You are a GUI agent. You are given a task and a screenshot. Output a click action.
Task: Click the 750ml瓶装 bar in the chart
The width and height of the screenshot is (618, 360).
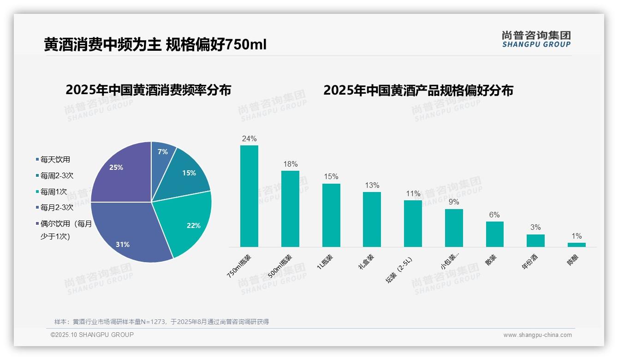[249, 196]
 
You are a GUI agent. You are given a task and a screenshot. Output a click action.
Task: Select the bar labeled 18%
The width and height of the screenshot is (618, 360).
[290, 209]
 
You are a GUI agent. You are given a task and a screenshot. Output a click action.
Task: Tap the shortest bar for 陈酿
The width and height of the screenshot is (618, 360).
[576, 245]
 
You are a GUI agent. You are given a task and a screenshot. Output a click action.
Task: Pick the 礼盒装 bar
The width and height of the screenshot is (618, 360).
[372, 219]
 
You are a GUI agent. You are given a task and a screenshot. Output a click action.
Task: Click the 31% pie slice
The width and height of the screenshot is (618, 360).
[129, 231]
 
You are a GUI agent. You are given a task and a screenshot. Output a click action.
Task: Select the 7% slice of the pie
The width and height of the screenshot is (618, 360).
[162, 155]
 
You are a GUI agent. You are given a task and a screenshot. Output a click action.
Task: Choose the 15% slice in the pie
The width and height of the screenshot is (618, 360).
[187, 173]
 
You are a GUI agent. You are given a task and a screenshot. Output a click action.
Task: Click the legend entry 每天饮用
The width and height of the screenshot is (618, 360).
[55, 160]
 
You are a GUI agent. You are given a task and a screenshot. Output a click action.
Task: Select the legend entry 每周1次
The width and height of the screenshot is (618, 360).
[53, 192]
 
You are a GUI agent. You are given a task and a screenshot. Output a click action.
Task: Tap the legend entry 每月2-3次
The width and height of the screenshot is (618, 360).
[56, 208]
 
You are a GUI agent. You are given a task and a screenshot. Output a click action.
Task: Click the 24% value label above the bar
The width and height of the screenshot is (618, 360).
[249, 138]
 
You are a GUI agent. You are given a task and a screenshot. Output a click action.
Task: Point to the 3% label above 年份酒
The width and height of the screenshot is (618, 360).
[535, 228]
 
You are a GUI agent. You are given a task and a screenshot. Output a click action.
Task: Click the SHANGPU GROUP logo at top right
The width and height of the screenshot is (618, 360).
[536, 39]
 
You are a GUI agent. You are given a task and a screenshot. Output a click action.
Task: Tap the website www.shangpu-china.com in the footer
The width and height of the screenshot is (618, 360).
[537, 335]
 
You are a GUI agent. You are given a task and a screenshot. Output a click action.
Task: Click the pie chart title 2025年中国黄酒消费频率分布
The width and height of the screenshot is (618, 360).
[149, 90]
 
